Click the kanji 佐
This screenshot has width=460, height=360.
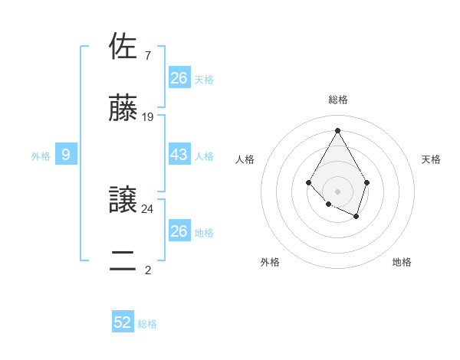124,47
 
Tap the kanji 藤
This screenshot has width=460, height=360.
124,109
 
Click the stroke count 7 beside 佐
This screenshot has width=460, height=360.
147,55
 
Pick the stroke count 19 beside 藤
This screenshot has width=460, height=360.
148,117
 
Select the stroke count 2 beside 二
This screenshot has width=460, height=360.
147,270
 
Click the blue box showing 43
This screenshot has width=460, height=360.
179,155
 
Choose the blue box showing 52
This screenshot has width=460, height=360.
123,322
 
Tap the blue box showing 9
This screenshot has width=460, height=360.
66,155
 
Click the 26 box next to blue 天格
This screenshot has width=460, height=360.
179,77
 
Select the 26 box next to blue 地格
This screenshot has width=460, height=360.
179,231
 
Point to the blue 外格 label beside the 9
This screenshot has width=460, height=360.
41,156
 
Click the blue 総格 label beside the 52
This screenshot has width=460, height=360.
147,324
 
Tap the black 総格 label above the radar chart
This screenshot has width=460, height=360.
337,100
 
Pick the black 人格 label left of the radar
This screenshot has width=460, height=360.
245,159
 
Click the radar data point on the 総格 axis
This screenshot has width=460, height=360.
337,130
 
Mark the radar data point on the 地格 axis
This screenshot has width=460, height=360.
356,217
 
